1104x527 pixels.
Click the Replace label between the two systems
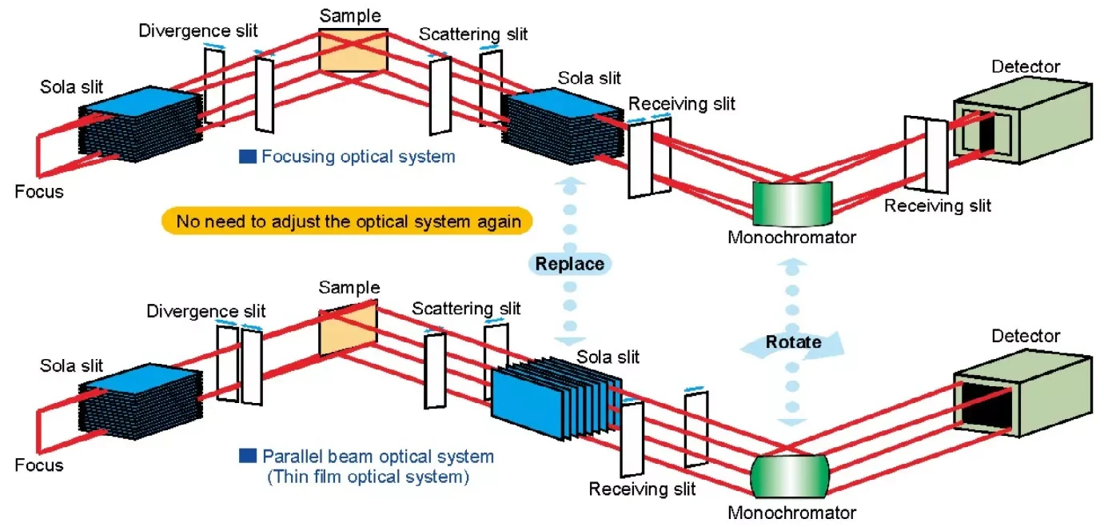click(569, 264)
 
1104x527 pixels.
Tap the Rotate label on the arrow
click(793, 342)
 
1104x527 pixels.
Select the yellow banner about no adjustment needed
click(347, 221)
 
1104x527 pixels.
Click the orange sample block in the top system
click(353, 51)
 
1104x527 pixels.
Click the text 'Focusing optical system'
click(357, 157)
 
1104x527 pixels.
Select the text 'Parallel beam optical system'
click(377, 457)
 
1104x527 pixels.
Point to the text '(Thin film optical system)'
click(368, 478)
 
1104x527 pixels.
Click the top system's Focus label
click(38, 192)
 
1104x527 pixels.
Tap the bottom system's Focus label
click(38, 465)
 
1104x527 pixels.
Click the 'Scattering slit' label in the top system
click(473, 34)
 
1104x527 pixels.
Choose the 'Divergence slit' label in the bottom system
click(206, 310)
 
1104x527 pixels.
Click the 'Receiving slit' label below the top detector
click(938, 206)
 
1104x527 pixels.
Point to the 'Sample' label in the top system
click(350, 15)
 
